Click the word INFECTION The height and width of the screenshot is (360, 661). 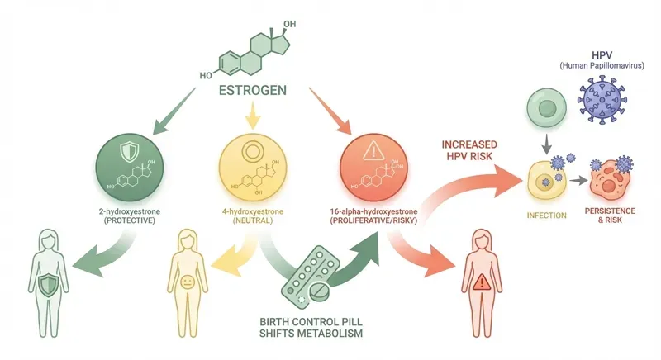(x=546, y=216)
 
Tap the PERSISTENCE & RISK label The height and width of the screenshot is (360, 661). (x=613, y=216)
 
